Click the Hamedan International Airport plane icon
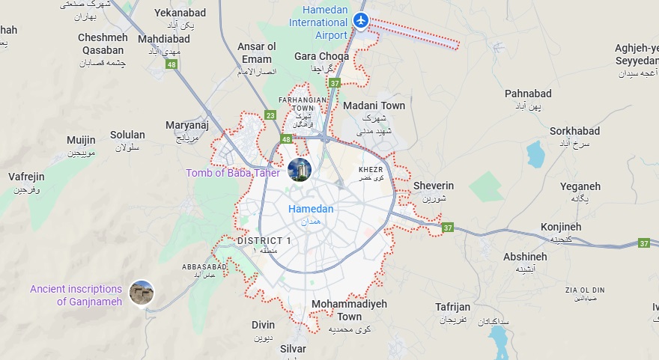(362, 20)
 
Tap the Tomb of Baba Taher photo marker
(300, 170)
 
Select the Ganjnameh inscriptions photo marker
(142, 292)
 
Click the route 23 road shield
(270, 115)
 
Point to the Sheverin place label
(434, 186)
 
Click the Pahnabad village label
(528, 94)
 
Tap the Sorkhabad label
(574, 131)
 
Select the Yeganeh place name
(580, 186)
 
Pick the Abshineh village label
(525, 256)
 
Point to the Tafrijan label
(453, 307)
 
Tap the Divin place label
(263, 325)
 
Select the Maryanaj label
(186, 125)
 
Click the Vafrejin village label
(26, 177)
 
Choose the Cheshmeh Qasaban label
(103, 43)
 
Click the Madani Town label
(374, 106)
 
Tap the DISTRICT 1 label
(264, 240)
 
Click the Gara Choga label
(321, 56)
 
